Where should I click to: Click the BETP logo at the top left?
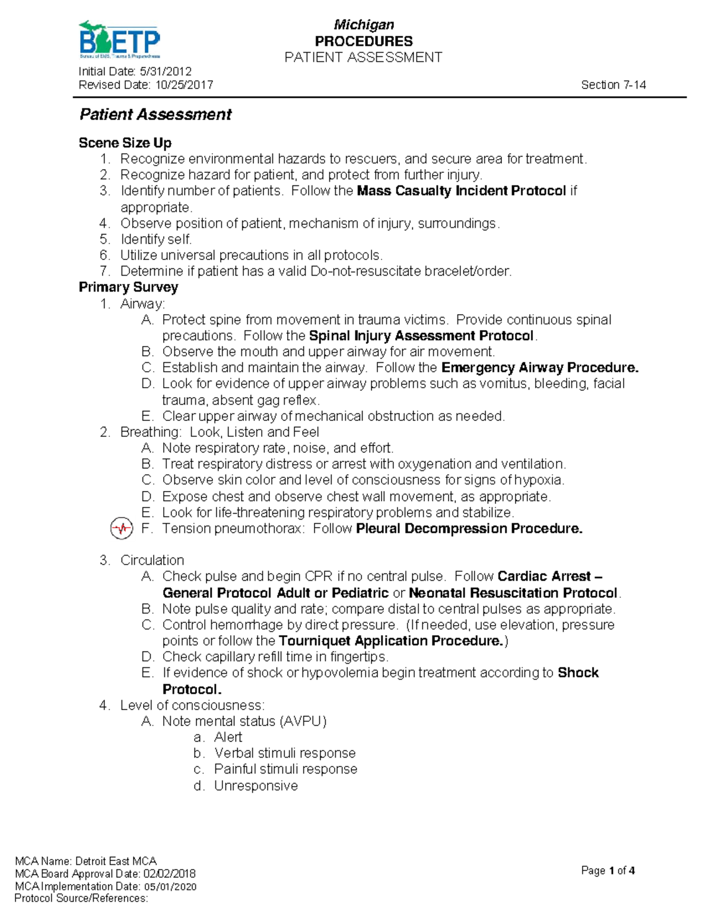(119, 40)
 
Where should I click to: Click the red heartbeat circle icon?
(122, 528)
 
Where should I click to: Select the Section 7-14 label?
(613, 85)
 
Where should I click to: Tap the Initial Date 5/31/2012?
(135, 72)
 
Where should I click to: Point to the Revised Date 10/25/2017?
(145, 85)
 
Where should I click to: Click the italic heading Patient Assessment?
(155, 115)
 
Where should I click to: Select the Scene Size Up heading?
(125, 143)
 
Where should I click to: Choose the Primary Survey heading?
(128, 287)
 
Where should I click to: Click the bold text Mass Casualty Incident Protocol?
(461, 191)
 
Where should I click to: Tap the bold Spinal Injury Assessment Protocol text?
(421, 336)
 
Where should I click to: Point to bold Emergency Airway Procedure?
(539, 368)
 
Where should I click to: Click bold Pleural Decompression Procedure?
(469, 529)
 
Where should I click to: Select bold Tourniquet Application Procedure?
(391, 641)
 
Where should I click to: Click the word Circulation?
(152, 560)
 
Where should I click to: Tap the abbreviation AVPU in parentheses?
(303, 721)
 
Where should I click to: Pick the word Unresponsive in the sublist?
(256, 786)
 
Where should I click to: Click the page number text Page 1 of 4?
(608, 871)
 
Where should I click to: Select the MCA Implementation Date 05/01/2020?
(106, 886)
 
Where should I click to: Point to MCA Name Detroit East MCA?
(85, 861)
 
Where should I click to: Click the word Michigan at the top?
(364, 25)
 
